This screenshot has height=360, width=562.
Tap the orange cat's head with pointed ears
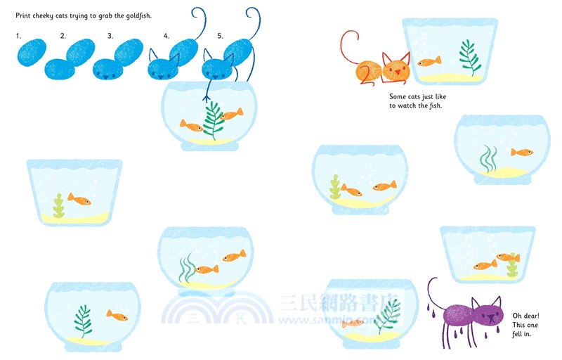(396, 69)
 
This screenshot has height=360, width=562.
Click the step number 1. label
(19, 35)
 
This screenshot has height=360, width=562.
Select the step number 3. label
(110, 35)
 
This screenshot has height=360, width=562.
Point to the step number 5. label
(221, 35)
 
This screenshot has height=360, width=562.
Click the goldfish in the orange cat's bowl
(429, 62)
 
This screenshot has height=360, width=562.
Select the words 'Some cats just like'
(417, 96)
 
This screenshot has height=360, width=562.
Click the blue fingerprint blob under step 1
(31, 53)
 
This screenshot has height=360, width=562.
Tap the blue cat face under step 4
(163, 67)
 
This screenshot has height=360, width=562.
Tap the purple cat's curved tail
(431, 290)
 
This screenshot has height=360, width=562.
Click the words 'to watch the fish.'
(420, 105)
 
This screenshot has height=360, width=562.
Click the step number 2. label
(63, 35)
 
